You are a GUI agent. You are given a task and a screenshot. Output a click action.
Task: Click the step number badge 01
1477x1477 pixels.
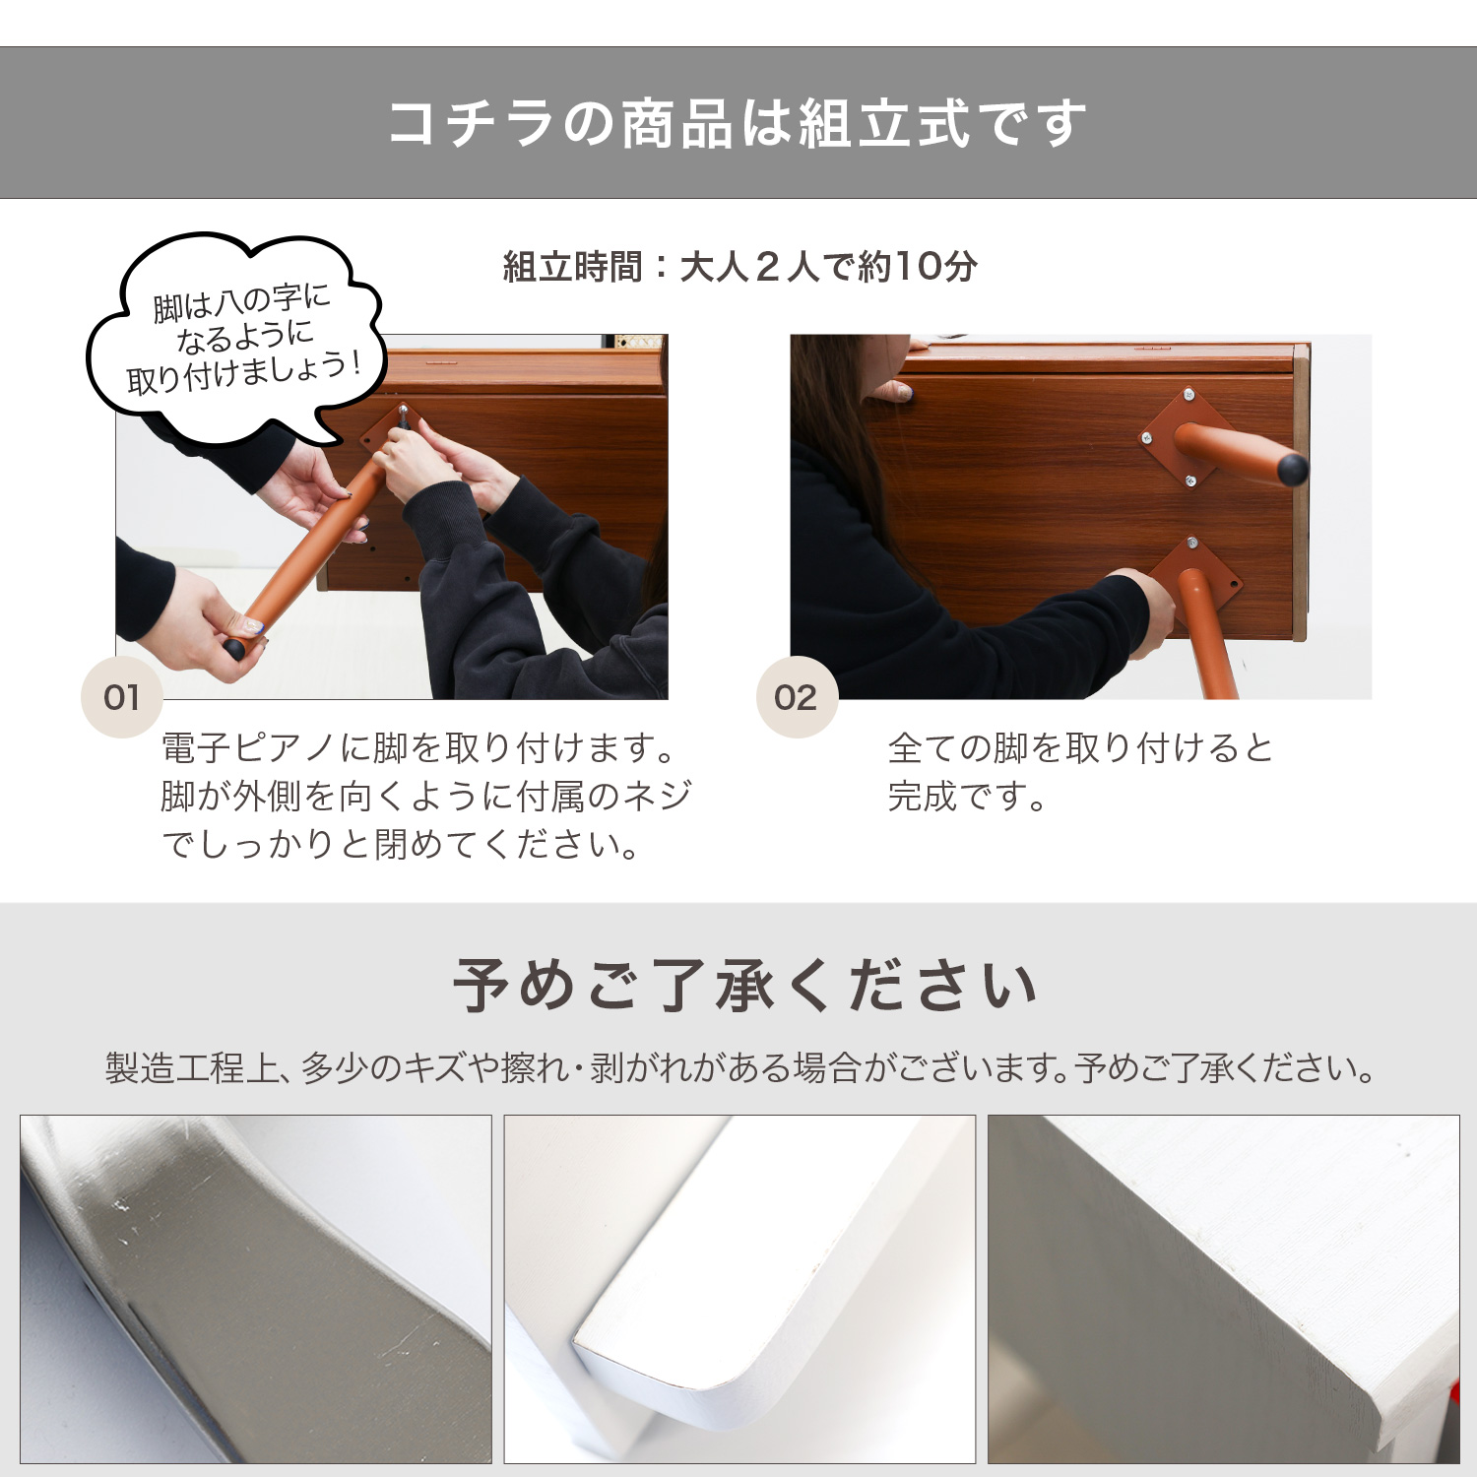[x=121, y=697]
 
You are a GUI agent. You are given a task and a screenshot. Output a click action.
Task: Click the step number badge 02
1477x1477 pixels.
[x=796, y=697]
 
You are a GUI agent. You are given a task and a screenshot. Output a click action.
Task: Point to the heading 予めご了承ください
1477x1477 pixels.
[x=744, y=986]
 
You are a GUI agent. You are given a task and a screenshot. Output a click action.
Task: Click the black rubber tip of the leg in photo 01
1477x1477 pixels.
[x=234, y=649]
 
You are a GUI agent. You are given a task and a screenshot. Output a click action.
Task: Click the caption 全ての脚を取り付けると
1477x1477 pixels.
[x=1080, y=748]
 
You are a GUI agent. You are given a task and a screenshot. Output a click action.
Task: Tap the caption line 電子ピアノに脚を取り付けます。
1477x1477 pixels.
[x=418, y=748]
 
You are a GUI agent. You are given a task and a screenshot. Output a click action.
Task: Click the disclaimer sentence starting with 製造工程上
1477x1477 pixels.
[x=739, y=1068]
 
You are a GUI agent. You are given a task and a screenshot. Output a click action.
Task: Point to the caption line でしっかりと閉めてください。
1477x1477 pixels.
[x=401, y=844]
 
